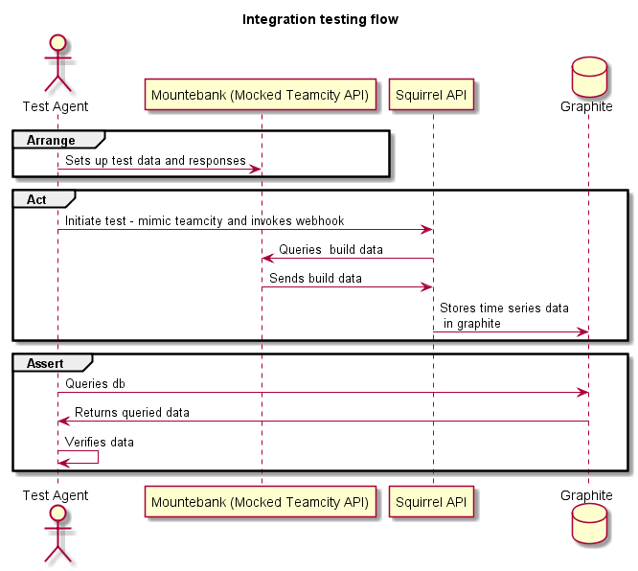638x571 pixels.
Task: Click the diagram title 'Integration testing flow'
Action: [320, 19]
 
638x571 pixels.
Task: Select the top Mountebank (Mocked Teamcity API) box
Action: [261, 95]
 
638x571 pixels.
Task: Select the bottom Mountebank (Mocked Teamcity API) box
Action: [261, 502]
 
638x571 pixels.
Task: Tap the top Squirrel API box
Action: [433, 95]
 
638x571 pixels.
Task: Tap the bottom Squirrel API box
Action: [433, 502]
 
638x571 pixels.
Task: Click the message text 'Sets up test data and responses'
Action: [155, 160]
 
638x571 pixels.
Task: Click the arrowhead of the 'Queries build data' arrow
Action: [267, 258]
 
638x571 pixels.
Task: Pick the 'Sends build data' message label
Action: [315, 279]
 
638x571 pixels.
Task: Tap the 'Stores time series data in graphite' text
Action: [504, 315]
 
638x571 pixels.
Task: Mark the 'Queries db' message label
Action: [95, 383]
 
